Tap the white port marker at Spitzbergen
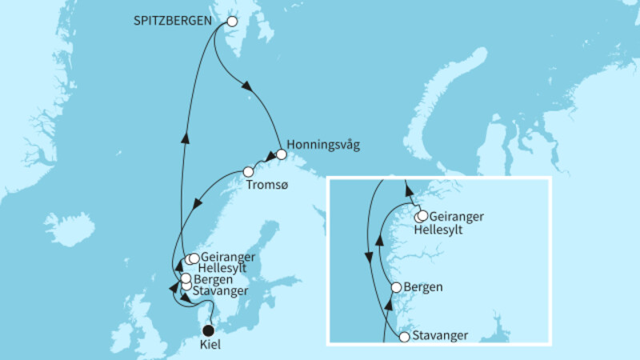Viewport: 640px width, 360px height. [233, 23]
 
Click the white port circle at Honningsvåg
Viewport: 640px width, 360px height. [281, 154]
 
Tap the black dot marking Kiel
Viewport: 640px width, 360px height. [208, 330]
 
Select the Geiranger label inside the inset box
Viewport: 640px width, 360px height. [457, 216]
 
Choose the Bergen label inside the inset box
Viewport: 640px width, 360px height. [423, 286]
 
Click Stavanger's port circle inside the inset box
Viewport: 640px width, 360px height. [404, 337]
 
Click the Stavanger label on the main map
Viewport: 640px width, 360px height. [220, 290]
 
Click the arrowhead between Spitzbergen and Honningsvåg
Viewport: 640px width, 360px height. [247, 87]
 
